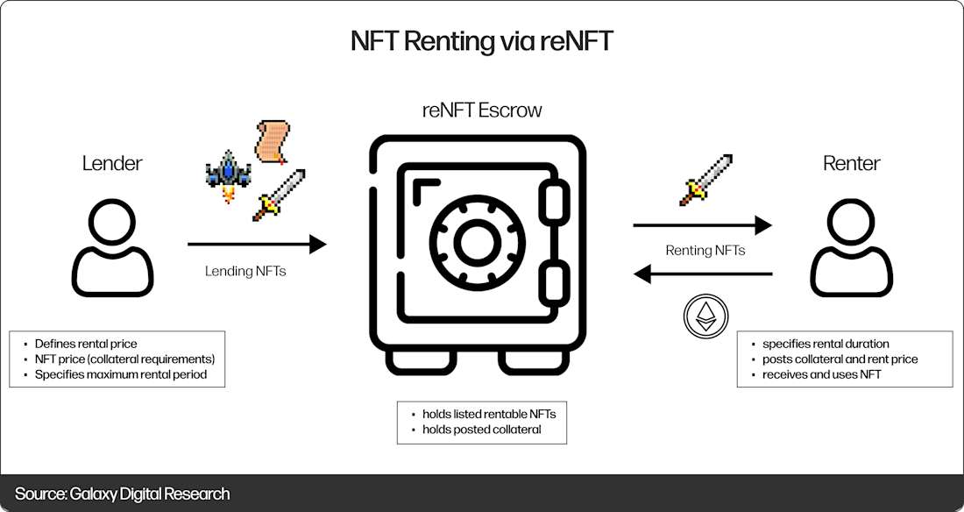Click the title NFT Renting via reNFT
coord(481,41)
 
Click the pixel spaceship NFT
coord(227,174)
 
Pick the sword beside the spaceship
coord(279,194)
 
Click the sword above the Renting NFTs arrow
coord(705,180)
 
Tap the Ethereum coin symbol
coord(705,316)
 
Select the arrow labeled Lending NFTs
coord(257,245)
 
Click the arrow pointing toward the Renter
coord(702,226)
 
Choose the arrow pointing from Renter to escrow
coord(702,274)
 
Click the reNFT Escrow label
coord(481,110)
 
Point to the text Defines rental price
coord(86,344)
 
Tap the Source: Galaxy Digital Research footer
coord(122,494)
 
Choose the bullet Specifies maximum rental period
coord(122,375)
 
